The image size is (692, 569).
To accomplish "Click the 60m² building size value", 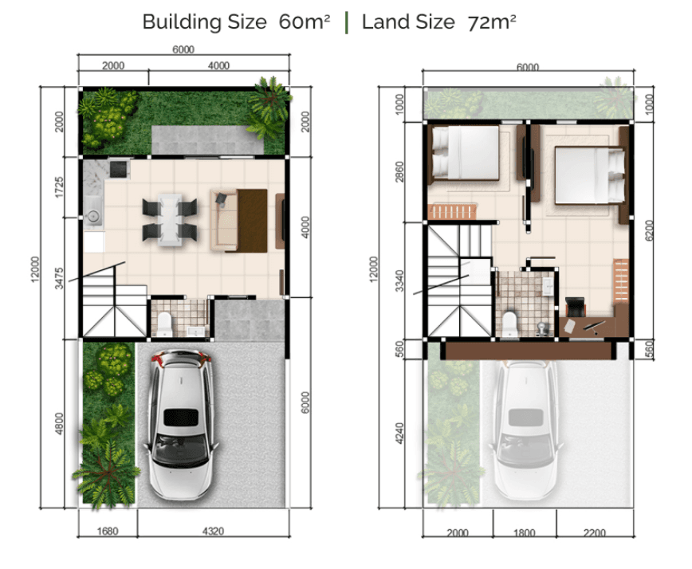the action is coord(304,22).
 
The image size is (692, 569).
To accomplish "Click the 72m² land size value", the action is coord(492,22).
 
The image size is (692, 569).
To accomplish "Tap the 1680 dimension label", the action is coord(108,531).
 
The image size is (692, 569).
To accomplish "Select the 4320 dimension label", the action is coord(213,531).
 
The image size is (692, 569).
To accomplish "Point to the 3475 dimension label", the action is coord(59,278).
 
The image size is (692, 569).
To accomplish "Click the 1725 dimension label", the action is coord(59,187).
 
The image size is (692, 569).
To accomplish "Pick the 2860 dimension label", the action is coord(399,172).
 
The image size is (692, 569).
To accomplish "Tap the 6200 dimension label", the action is coord(649,230).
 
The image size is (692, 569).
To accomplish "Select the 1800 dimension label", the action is coord(525,533).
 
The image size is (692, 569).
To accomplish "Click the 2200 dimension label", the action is coord(595,533).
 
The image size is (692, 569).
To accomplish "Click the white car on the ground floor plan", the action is coord(182,424).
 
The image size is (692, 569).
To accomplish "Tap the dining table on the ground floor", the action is coord(170,219).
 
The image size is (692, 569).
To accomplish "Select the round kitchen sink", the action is coord(93,216).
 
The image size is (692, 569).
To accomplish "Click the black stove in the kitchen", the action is coord(118,168).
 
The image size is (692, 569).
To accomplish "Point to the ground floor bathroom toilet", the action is coord(164,324).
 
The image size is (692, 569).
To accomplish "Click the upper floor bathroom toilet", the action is coord(509,324).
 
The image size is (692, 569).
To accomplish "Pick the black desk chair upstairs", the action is coord(575,307).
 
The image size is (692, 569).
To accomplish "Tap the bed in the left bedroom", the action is coord(465,153).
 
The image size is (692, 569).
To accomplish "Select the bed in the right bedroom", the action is coord(590,175).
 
